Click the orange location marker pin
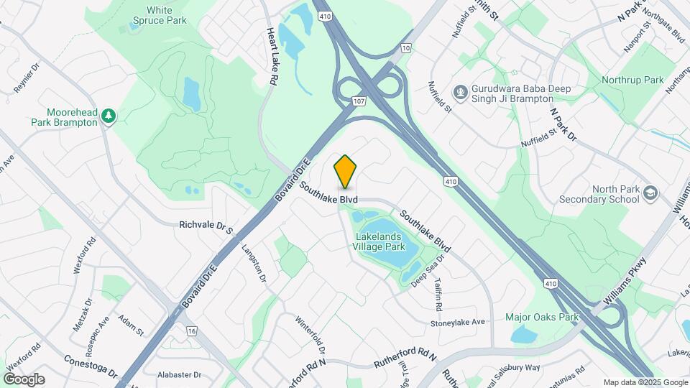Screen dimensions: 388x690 [346, 172]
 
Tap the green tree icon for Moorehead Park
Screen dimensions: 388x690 [109, 116]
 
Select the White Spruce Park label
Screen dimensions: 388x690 [160, 15]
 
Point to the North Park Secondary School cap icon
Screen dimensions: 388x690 [650, 194]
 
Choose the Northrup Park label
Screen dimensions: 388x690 [632, 80]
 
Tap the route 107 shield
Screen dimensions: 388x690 [359, 101]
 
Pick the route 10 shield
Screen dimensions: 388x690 [406, 48]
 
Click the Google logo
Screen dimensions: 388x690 [24, 379]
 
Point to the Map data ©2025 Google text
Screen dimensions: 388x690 [645, 382]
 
